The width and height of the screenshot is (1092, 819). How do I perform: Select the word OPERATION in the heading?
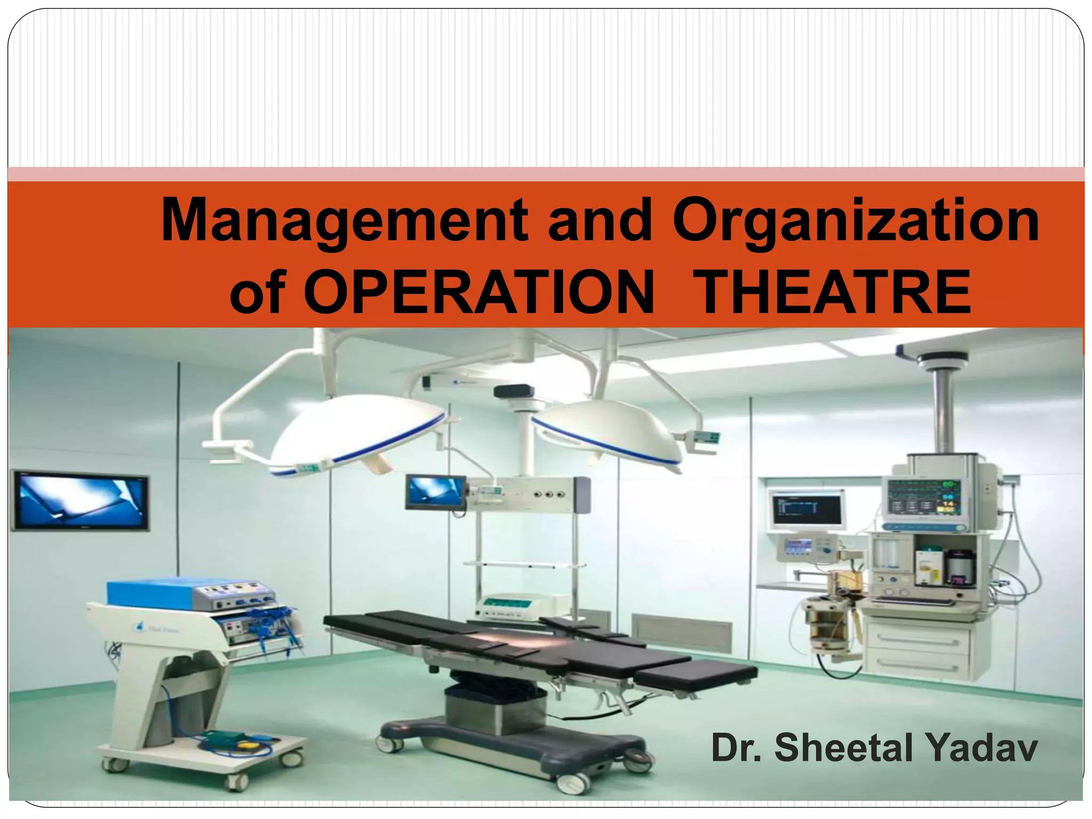(x=478, y=292)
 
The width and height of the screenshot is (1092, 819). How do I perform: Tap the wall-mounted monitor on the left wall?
(x=80, y=501)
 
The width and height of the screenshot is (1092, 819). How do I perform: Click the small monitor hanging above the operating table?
(x=435, y=492)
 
